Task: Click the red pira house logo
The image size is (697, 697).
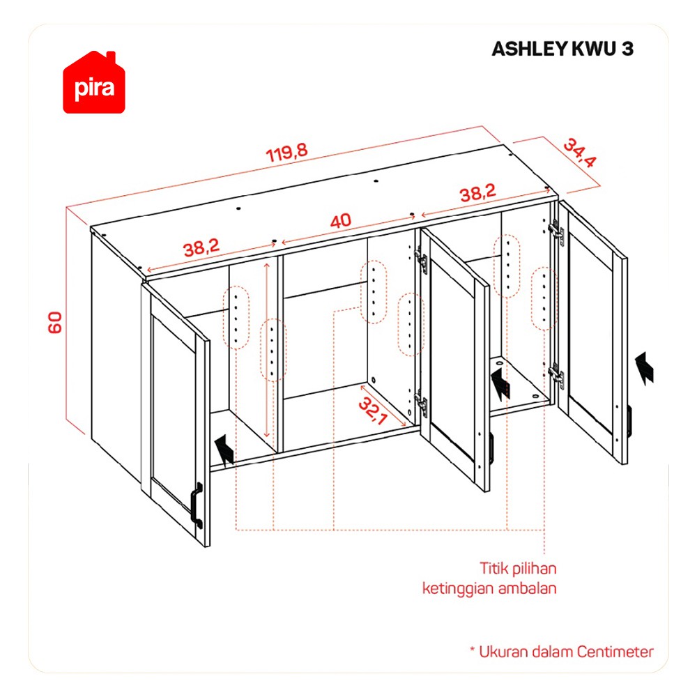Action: (94, 83)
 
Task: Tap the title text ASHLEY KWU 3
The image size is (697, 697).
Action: (562, 49)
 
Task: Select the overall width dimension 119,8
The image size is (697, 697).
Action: (286, 153)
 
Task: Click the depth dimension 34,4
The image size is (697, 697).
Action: (579, 153)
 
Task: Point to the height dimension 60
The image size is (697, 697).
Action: (55, 323)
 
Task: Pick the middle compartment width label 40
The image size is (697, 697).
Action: (341, 220)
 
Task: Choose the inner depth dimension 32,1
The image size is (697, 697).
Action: (372, 411)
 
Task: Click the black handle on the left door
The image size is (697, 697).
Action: (197, 505)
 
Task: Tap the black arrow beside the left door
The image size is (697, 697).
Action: (225, 450)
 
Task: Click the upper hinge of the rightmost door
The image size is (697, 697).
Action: (556, 231)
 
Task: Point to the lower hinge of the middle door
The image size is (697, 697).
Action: (420, 403)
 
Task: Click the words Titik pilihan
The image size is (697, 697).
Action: (518, 568)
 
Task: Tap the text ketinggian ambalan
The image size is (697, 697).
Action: (489, 588)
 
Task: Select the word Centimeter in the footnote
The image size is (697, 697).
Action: (615, 652)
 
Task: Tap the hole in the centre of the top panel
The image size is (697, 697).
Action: (376, 181)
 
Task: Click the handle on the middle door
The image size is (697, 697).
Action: (491, 449)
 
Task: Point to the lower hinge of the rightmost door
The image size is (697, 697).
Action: (556, 376)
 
